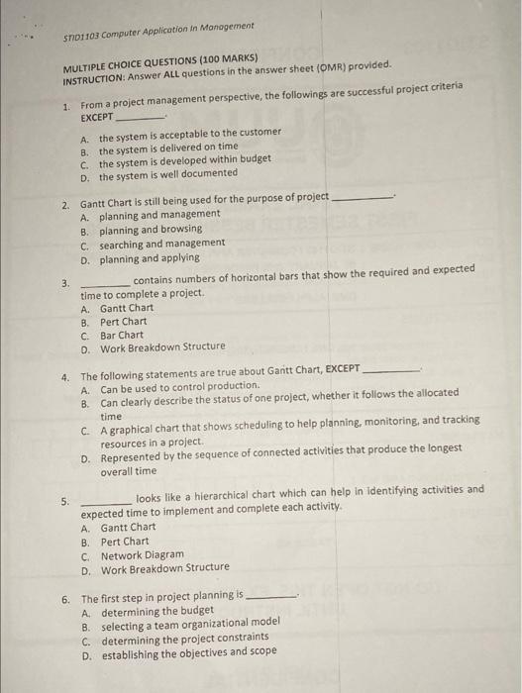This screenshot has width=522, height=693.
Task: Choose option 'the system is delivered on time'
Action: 167,147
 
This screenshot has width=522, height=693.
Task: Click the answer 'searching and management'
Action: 161,244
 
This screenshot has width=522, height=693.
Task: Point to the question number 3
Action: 65,284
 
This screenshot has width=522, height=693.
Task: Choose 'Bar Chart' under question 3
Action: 121,335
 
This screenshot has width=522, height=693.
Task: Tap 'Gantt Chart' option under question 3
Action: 127,308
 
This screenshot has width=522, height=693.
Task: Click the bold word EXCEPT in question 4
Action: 343,368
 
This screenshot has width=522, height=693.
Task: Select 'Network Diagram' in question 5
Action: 142,555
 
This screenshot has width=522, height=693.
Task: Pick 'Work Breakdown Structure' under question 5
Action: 163,568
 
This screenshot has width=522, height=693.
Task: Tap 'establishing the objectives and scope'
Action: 187,652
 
